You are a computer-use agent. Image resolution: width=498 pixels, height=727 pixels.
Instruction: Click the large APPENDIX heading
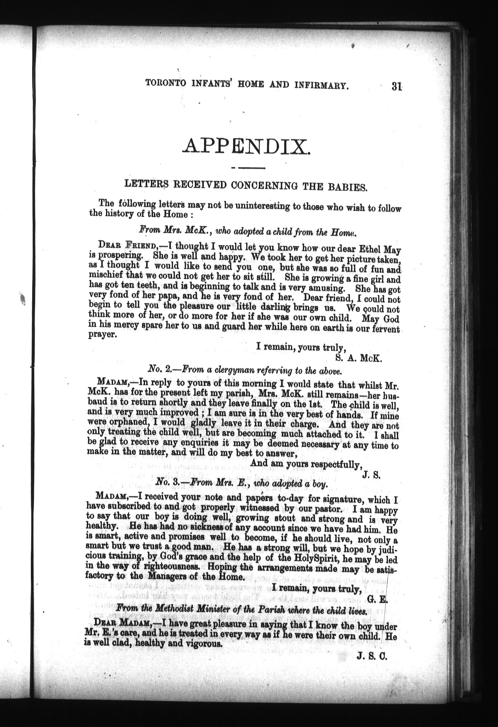coord(246,146)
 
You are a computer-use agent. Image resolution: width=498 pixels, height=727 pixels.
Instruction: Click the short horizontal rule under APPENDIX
coord(249,167)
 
